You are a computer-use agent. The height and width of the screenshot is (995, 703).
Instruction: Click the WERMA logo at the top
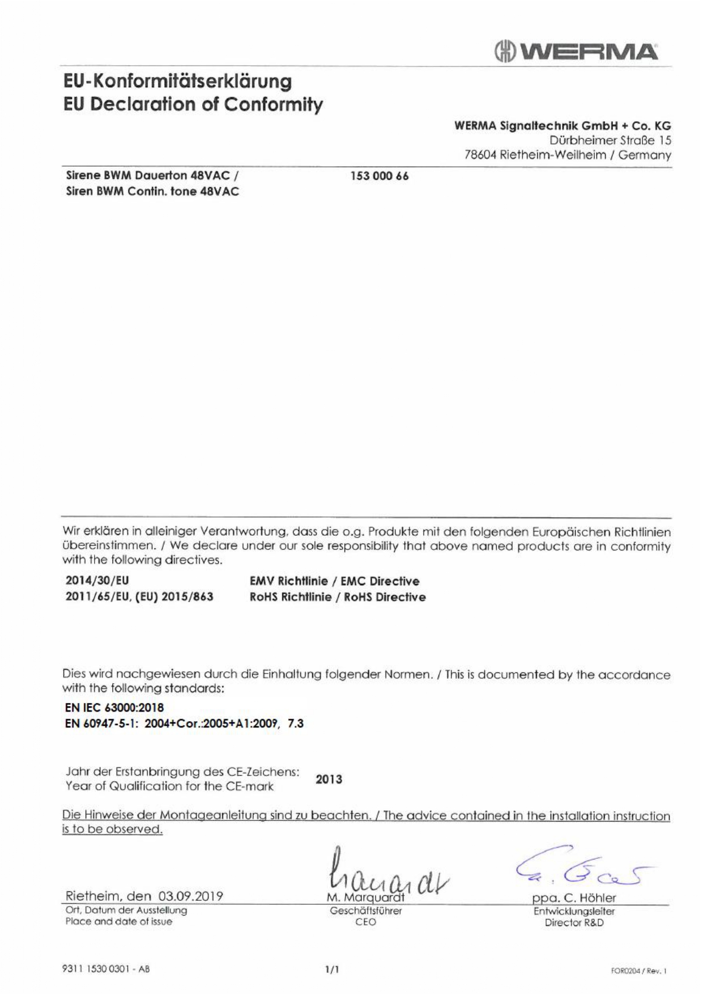tap(576, 52)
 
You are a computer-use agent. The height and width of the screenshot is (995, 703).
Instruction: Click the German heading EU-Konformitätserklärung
tap(177, 81)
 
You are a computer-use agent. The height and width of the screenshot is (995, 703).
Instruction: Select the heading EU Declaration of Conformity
tap(193, 104)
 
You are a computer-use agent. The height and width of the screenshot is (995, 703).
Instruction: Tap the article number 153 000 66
tap(380, 176)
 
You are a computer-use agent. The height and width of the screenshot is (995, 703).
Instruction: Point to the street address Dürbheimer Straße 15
tap(610, 140)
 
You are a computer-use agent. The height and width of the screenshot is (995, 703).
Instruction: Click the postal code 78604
tap(481, 155)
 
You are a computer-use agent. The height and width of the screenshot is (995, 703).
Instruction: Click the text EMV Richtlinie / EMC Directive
tap(334, 581)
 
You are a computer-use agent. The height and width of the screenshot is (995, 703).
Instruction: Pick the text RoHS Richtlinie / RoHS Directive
tap(338, 597)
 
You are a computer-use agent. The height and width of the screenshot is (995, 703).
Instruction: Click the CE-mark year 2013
tap(329, 780)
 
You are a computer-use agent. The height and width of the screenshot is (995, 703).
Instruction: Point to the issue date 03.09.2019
tap(191, 896)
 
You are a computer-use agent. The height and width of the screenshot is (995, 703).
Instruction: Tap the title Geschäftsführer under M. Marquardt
tap(365, 911)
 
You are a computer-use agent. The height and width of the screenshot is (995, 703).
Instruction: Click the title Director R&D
tap(574, 922)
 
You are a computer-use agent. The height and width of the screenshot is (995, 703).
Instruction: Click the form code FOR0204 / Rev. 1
tap(638, 971)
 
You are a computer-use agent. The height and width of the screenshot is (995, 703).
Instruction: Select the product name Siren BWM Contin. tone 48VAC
tap(152, 191)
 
